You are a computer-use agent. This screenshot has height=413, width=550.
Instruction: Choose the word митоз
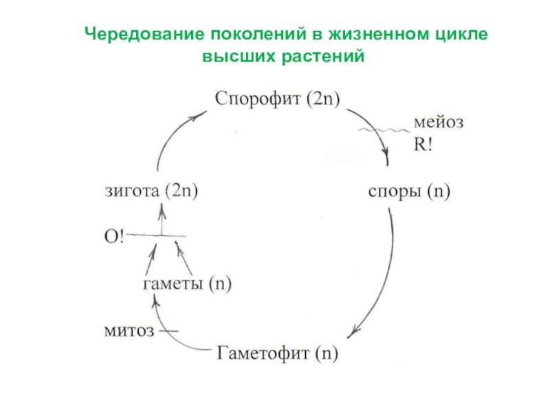[x=128, y=330]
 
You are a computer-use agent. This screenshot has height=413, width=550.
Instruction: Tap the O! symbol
[x=113, y=235]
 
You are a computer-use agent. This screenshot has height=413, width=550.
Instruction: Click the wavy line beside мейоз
[x=383, y=129]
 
